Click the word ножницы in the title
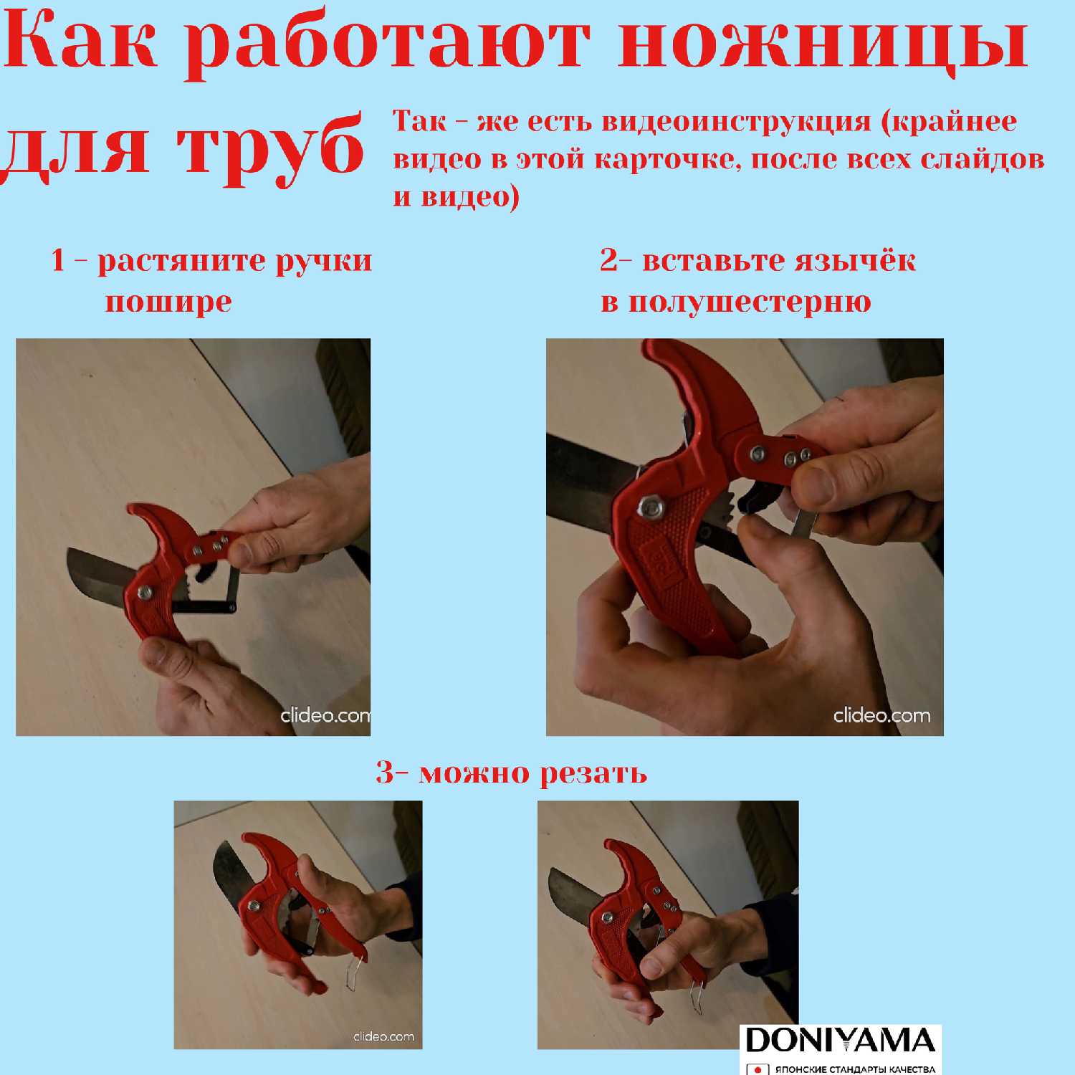(x=823, y=44)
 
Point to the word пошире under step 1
(x=168, y=302)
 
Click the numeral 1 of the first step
(x=59, y=259)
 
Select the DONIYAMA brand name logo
(x=840, y=1041)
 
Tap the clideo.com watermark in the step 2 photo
(x=881, y=715)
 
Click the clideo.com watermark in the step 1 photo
(x=325, y=715)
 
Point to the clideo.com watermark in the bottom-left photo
(x=383, y=1036)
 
